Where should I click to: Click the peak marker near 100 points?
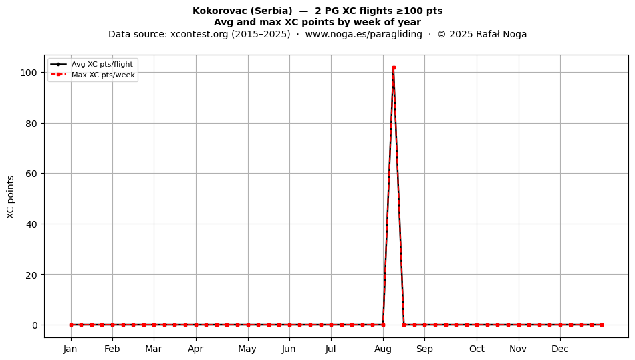coord(394,68)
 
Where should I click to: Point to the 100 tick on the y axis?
coord(30,73)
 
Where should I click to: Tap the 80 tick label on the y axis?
coord(32,124)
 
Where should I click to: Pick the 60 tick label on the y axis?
coord(32,174)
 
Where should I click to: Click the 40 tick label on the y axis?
coord(32,224)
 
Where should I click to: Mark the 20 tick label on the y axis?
coord(32,275)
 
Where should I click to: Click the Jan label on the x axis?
coord(70,349)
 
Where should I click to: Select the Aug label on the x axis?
coord(383,349)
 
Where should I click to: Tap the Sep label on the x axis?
coord(424,349)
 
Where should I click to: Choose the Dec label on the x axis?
coord(560,349)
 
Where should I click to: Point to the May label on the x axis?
coord(247,349)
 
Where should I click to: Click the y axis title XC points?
coord(11,197)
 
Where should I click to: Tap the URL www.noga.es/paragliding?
coord(364,34)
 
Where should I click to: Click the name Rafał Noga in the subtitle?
coord(501,34)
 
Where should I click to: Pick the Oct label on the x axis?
coord(477,349)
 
